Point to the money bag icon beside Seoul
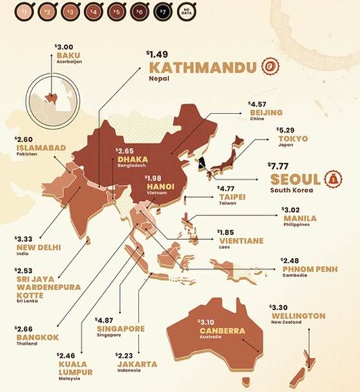333,178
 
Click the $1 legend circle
9,12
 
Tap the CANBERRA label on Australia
221,331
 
